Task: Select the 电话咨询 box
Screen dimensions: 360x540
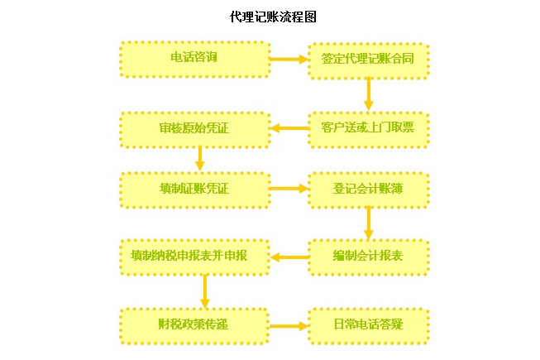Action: (x=195, y=59)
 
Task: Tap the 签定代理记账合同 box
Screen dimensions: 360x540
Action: (x=369, y=60)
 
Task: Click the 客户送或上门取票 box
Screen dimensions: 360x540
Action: (x=369, y=128)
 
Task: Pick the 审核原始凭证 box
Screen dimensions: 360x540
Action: (x=195, y=128)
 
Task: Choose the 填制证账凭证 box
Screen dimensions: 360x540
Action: (x=195, y=189)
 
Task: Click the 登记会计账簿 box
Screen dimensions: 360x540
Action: (x=369, y=190)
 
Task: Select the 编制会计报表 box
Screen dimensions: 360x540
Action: (x=369, y=257)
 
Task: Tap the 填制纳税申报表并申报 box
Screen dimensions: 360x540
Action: (x=195, y=256)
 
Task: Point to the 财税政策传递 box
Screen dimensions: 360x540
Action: (x=195, y=324)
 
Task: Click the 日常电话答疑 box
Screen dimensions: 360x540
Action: (x=369, y=324)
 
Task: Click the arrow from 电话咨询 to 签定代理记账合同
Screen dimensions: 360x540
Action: (x=289, y=60)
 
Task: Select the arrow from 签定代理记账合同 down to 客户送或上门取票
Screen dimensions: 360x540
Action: (x=369, y=94)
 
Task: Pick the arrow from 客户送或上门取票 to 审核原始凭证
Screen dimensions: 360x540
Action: (x=289, y=128)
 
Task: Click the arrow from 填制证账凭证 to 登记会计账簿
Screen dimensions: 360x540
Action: (x=289, y=189)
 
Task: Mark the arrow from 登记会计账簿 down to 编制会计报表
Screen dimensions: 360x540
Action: (x=369, y=223)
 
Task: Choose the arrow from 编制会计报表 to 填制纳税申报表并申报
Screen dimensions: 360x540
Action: (x=289, y=257)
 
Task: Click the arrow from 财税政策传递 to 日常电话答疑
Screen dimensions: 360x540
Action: (x=289, y=325)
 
